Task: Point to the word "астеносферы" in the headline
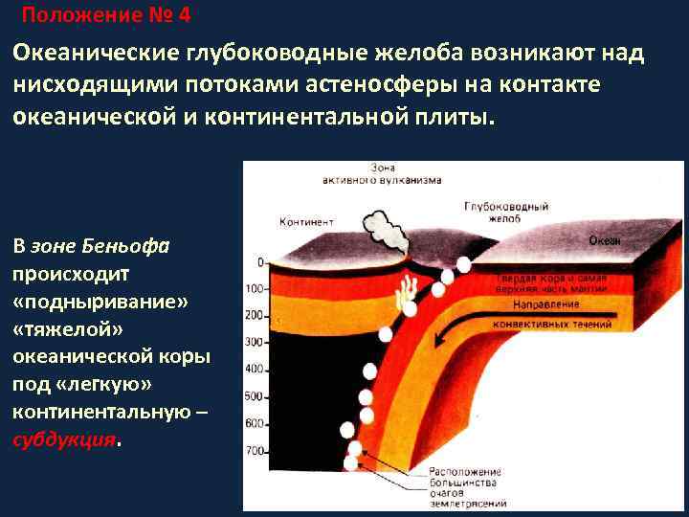(x=384, y=84)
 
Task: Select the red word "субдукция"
(x=63, y=439)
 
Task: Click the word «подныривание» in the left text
(x=100, y=301)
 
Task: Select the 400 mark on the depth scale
(x=254, y=369)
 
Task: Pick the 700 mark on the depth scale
(x=254, y=450)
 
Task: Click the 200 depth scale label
(x=254, y=315)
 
